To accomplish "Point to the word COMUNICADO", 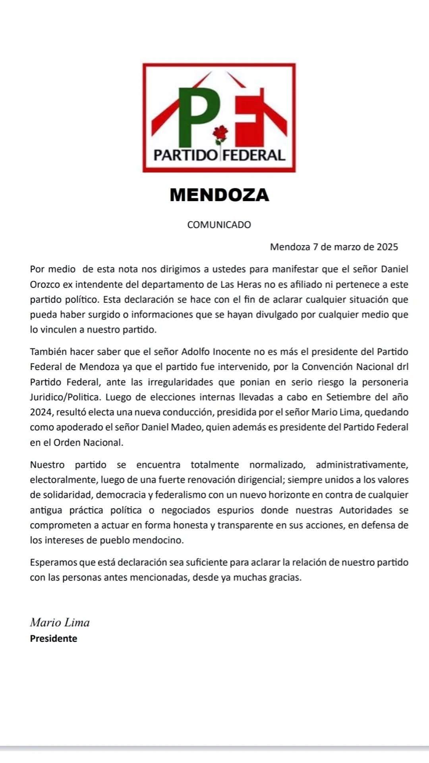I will (219, 225).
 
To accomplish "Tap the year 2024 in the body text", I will (41, 412).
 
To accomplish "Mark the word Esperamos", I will (53, 563).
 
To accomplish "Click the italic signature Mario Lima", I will (60, 622).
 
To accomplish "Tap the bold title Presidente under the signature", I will (54, 639).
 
